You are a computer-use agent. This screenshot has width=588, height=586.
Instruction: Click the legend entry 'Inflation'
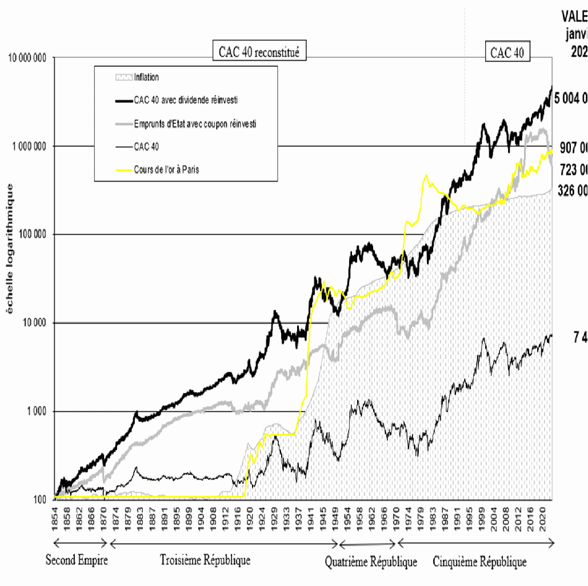(146, 77)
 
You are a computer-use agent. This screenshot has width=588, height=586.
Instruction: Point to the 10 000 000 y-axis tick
(27, 58)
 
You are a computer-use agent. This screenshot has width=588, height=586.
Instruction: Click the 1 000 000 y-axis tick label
(29, 146)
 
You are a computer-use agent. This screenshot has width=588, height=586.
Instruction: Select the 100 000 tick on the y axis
(32, 234)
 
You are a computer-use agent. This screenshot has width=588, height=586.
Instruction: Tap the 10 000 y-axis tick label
(34, 323)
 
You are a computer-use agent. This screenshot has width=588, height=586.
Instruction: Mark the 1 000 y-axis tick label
(37, 412)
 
